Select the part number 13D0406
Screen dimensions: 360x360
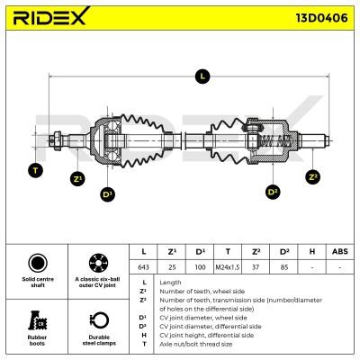(321, 18)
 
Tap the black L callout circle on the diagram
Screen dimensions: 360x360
(202, 76)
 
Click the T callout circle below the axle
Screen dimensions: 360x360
(35, 171)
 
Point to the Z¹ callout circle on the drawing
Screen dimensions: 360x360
(77, 179)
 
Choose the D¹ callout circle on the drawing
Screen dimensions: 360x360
(107, 194)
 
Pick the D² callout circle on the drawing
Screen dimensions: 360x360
(273, 192)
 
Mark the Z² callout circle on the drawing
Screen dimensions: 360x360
(312, 176)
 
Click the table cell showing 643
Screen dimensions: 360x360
(143, 267)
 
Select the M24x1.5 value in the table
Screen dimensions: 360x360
(228, 267)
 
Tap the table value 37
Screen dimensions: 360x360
(256, 267)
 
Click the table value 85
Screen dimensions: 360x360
(284, 267)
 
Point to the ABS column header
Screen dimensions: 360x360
(340, 251)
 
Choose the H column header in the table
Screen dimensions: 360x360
(312, 251)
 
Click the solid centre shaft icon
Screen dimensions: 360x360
(38, 263)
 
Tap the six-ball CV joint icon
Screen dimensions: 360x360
(98, 263)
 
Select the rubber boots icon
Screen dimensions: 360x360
(38, 320)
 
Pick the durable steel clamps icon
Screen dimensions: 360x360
(99, 320)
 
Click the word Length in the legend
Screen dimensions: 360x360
(170, 283)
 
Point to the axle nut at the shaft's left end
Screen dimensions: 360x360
(57, 140)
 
